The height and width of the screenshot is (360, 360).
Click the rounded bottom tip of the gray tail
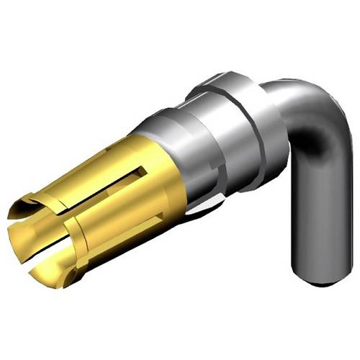(x=315, y=277)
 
